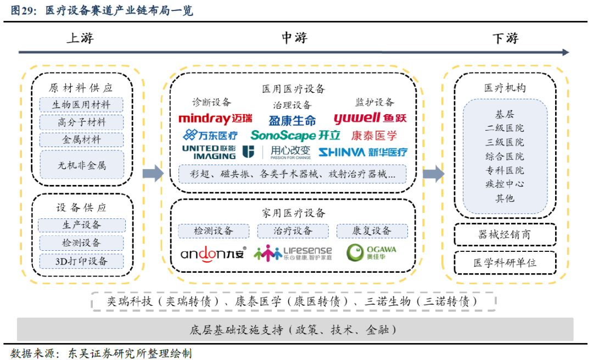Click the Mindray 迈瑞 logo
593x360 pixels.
coord(215,119)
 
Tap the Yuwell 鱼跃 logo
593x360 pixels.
coord(370,118)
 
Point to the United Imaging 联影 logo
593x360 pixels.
coord(209,152)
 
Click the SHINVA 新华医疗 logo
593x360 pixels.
coord(363,152)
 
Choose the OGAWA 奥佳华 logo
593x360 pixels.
coord(371,253)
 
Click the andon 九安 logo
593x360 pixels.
coord(213,253)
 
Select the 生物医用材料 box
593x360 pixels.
coord(81,104)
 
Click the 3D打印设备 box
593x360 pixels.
coord(81,261)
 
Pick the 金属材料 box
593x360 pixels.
coord(81,139)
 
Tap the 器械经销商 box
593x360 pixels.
coord(505,235)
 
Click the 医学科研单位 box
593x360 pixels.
coord(505,262)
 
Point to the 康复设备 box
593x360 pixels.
coord(372,230)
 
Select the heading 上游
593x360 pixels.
coord(80,38)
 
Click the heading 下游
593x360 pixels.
coord(505,38)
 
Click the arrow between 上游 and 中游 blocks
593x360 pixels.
coord(153,174)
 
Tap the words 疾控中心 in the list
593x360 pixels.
coord(505,184)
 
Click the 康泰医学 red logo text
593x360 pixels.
coord(374,135)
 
